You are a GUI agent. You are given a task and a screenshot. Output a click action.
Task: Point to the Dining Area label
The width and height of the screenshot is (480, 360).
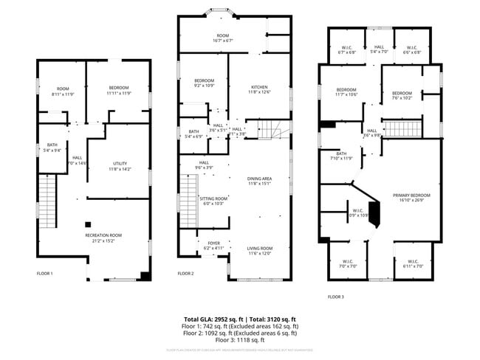pos(259,181)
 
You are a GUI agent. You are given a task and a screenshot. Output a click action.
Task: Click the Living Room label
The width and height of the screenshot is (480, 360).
pos(259,250)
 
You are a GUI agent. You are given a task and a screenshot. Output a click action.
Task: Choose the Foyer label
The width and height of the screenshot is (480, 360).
pos(213,246)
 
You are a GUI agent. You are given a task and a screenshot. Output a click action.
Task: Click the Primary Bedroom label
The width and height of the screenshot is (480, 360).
pos(414,197)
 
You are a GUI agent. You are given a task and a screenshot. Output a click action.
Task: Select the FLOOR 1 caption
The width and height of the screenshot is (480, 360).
pos(45,274)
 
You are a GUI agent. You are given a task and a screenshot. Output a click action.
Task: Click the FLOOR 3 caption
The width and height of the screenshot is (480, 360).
pos(336,297)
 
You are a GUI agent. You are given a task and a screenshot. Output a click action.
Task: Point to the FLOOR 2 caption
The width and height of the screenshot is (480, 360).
pos(185,274)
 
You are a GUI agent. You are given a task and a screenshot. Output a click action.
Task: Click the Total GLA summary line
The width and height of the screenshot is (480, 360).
pos(240,319)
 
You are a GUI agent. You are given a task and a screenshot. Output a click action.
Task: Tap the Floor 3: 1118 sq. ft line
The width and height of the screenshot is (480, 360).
pos(240,340)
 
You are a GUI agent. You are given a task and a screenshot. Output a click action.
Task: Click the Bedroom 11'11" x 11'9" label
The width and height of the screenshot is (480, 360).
pos(119,91)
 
